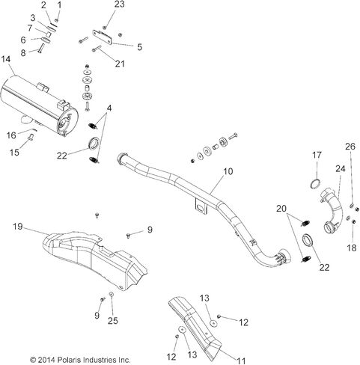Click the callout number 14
point(6,60)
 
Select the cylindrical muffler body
point(40,105)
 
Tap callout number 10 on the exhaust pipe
point(228,171)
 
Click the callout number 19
point(18,227)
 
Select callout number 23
point(120,4)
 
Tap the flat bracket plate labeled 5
point(103,37)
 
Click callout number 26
point(350,147)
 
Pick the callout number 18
point(352,248)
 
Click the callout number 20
point(281,209)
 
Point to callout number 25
point(113,321)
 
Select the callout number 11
point(241,361)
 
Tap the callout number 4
point(109,108)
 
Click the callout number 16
point(11,135)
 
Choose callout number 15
point(14,153)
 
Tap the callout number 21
point(120,64)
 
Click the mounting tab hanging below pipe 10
point(201,206)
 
